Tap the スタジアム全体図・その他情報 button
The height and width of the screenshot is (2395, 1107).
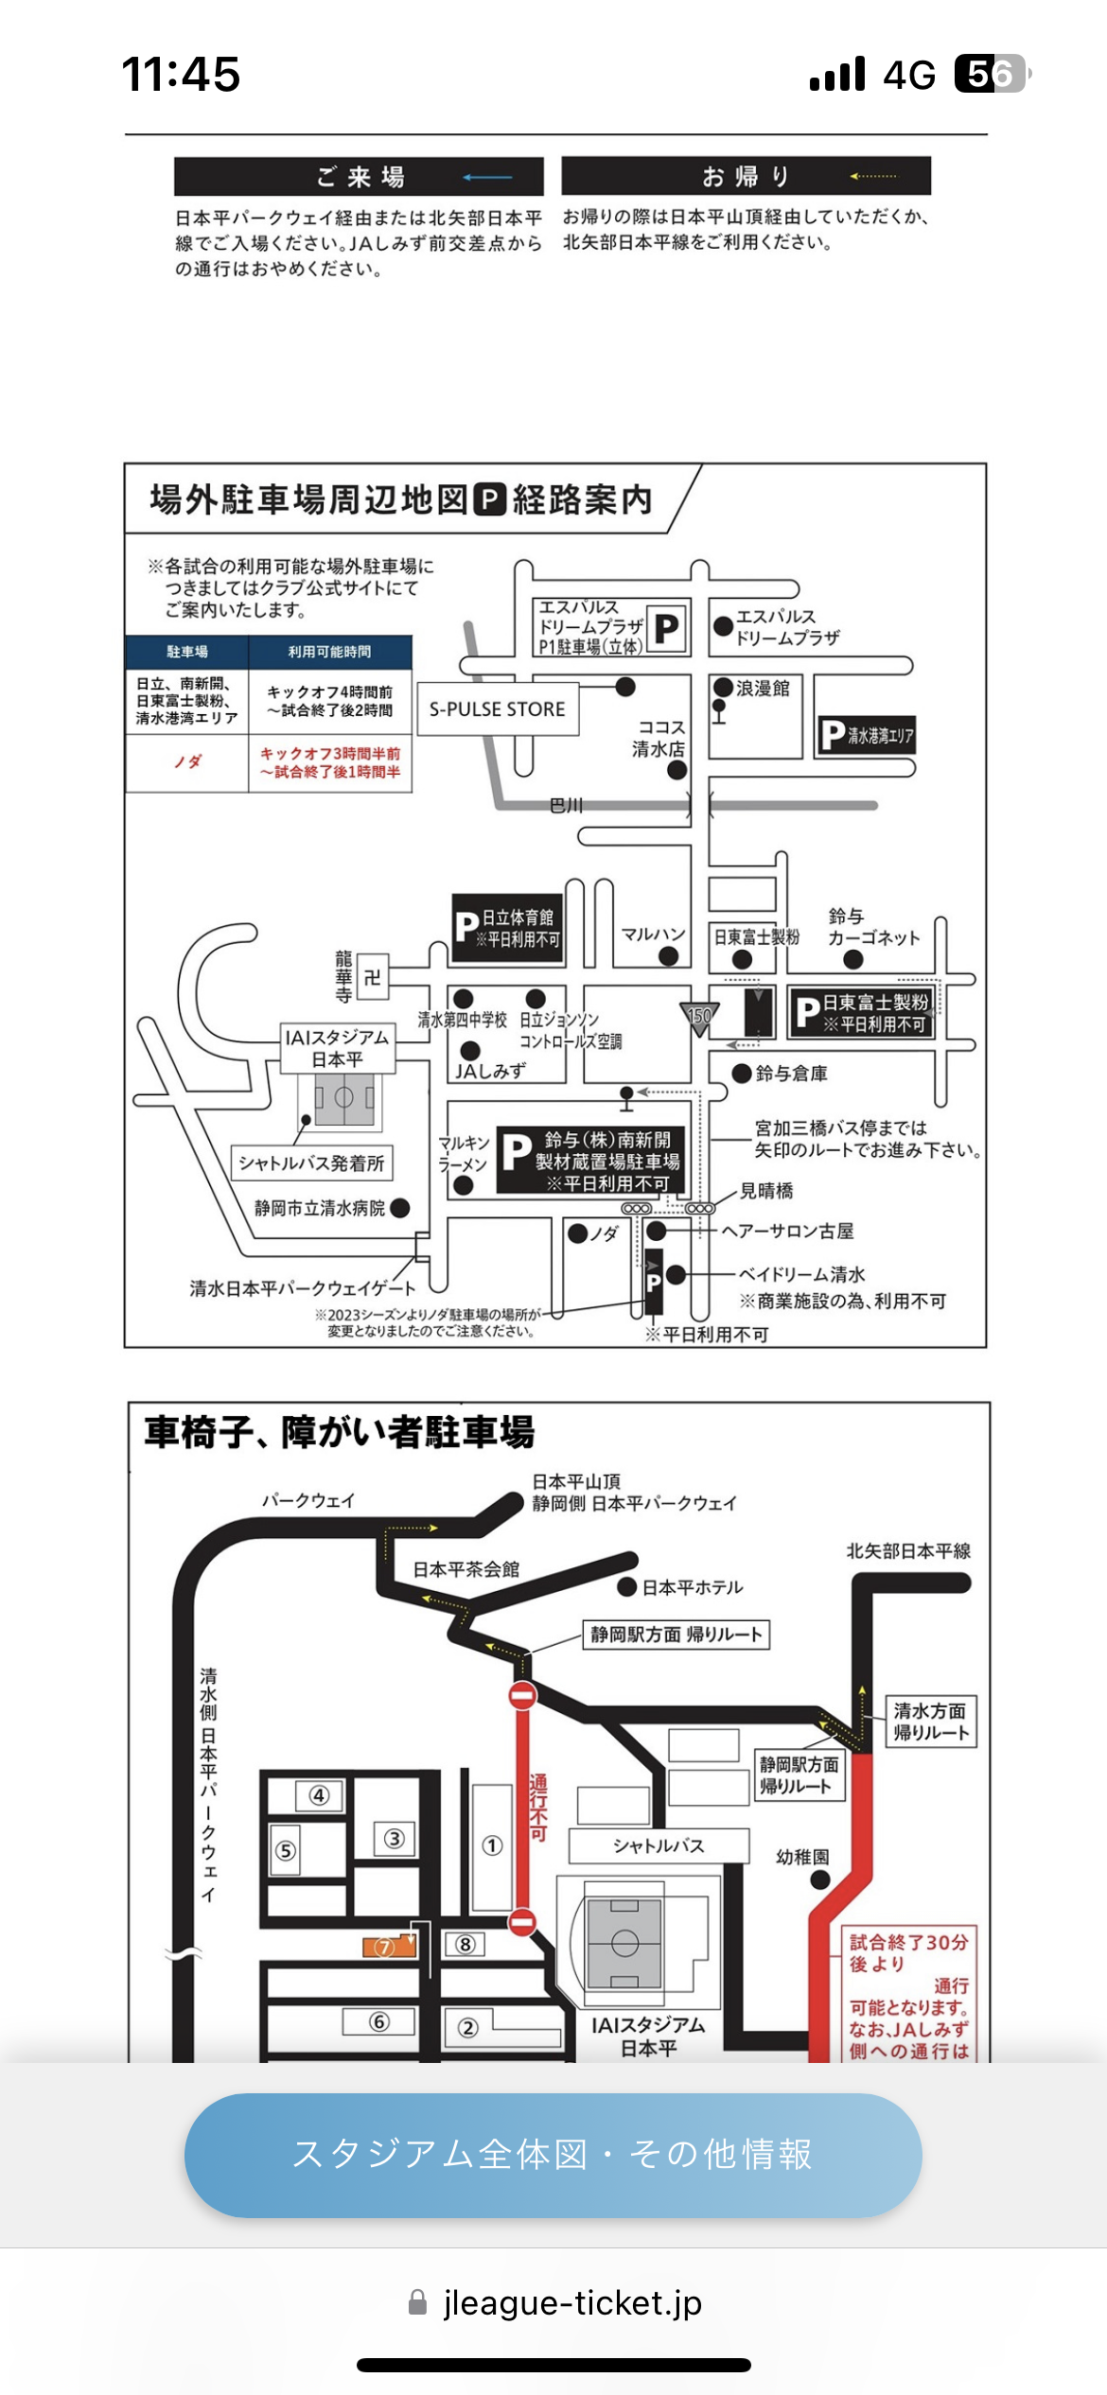click(553, 2155)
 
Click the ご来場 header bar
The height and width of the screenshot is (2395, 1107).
click(359, 177)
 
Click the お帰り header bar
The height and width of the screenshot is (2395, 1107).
click(746, 176)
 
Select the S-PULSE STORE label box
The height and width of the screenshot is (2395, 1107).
click(497, 709)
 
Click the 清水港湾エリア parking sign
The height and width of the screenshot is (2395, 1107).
click(867, 736)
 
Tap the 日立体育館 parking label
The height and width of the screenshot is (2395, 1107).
click(507, 928)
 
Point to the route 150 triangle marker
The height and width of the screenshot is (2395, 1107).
click(699, 1018)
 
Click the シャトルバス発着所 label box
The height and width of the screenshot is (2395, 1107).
click(311, 1163)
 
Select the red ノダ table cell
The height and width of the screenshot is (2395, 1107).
click(187, 761)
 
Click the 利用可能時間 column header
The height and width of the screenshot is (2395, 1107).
click(329, 652)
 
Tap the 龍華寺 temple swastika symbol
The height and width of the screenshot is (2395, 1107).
click(373, 977)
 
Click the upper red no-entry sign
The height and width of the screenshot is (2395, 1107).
click(522, 1696)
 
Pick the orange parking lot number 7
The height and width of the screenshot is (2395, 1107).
click(384, 1947)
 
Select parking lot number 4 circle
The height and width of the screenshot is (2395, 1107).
click(319, 1795)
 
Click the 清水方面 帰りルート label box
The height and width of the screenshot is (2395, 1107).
click(930, 1722)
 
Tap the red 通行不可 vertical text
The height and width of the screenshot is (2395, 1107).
click(538, 1807)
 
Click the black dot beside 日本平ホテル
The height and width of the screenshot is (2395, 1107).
click(626, 1587)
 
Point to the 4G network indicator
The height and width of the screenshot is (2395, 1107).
click(908, 75)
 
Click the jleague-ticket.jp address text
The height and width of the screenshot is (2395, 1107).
click(572, 2302)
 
